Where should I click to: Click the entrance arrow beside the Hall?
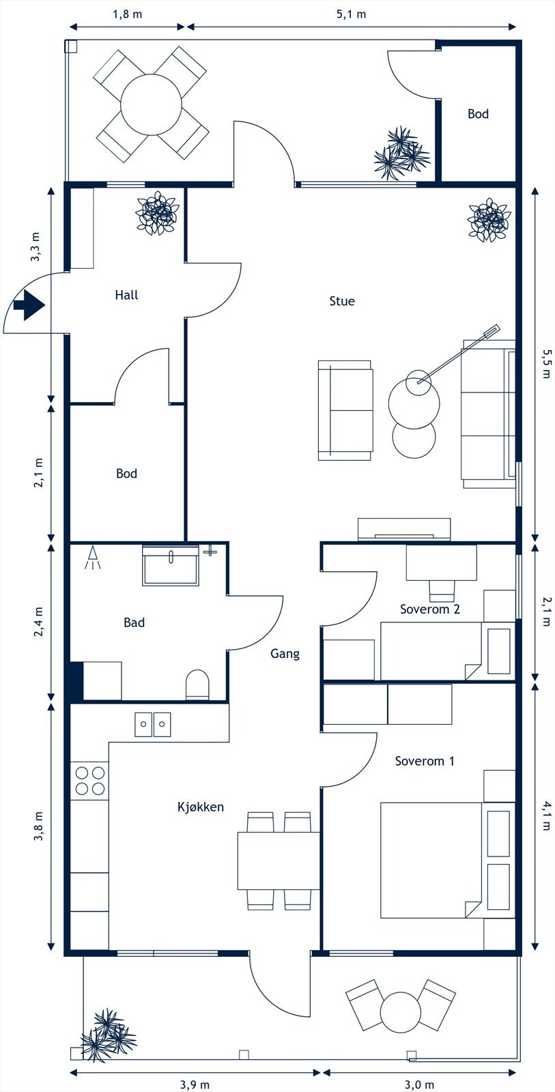(x=29, y=305)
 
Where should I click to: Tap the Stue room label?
(x=342, y=301)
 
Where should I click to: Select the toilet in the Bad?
(x=197, y=684)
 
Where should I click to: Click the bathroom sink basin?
(x=171, y=566)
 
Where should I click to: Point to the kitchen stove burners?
(x=89, y=781)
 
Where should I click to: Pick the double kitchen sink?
(x=153, y=724)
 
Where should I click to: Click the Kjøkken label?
(x=201, y=807)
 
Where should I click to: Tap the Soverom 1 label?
(x=425, y=761)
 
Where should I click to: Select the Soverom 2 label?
(x=429, y=609)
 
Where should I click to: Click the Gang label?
(x=285, y=654)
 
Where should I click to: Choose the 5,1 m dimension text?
(x=351, y=14)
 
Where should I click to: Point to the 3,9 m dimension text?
(x=195, y=1084)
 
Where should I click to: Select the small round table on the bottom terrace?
(x=401, y=1011)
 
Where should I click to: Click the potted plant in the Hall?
(x=158, y=213)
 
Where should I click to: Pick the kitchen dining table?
(x=279, y=861)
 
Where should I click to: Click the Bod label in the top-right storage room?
(x=478, y=113)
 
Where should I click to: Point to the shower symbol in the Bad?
(x=93, y=558)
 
